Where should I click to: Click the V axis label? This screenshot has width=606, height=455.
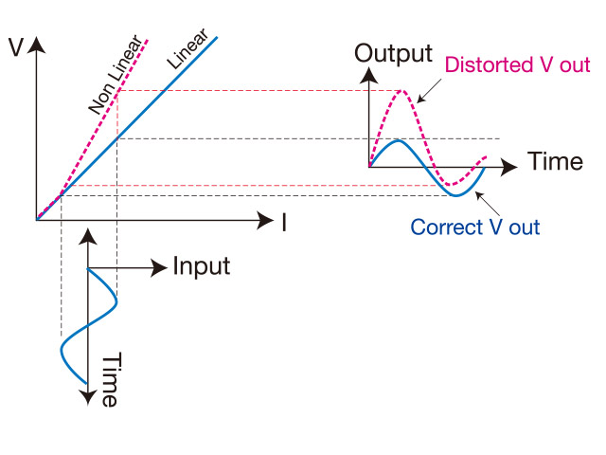pos(15,48)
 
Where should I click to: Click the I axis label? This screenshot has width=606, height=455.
pos(283,223)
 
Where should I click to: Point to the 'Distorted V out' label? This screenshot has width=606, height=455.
pos(517,65)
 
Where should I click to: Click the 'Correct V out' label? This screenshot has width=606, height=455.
pos(475,227)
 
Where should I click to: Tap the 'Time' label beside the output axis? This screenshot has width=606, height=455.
pos(555,161)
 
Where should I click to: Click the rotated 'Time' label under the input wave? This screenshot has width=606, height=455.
pos(110,379)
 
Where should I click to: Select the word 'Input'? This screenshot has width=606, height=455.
pos(201,266)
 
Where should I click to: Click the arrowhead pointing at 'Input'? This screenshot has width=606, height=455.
pos(161,268)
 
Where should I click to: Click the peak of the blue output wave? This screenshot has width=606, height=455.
pos(400,140)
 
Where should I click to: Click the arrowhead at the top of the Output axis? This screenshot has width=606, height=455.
pos(369,74)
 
